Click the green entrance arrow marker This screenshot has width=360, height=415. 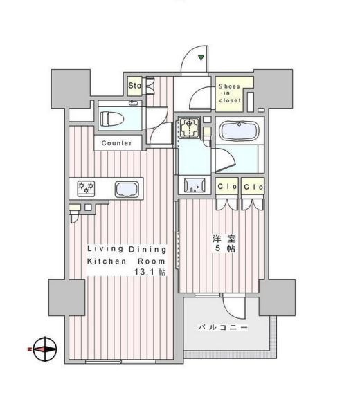(x=201, y=58)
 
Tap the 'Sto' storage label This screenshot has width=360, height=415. (x=134, y=86)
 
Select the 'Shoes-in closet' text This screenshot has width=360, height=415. (x=230, y=93)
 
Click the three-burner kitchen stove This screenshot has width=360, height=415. (x=87, y=187)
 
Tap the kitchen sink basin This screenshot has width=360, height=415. (x=126, y=189)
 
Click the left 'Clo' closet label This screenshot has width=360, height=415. (x=226, y=187)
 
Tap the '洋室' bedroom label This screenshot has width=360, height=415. (x=221, y=239)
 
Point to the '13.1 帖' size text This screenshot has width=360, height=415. (x=149, y=273)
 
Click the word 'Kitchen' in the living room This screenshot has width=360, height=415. (x=105, y=261)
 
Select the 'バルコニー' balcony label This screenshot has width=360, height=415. (x=223, y=327)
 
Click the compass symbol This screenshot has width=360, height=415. (x=42, y=349)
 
